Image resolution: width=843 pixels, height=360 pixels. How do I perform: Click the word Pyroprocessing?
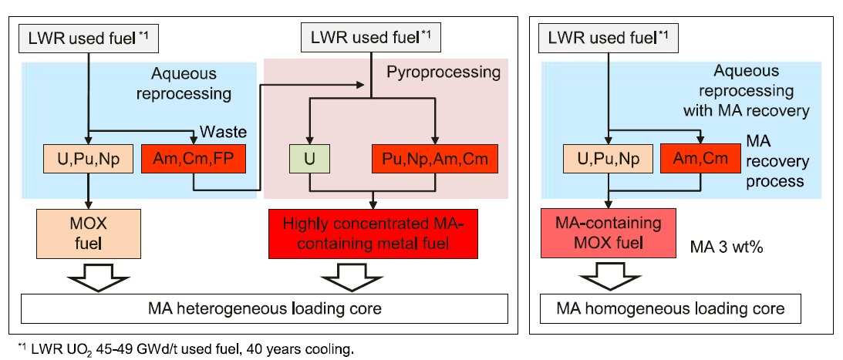click(x=443, y=73)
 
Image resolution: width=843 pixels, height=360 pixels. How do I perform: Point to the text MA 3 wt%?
click(x=725, y=247)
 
